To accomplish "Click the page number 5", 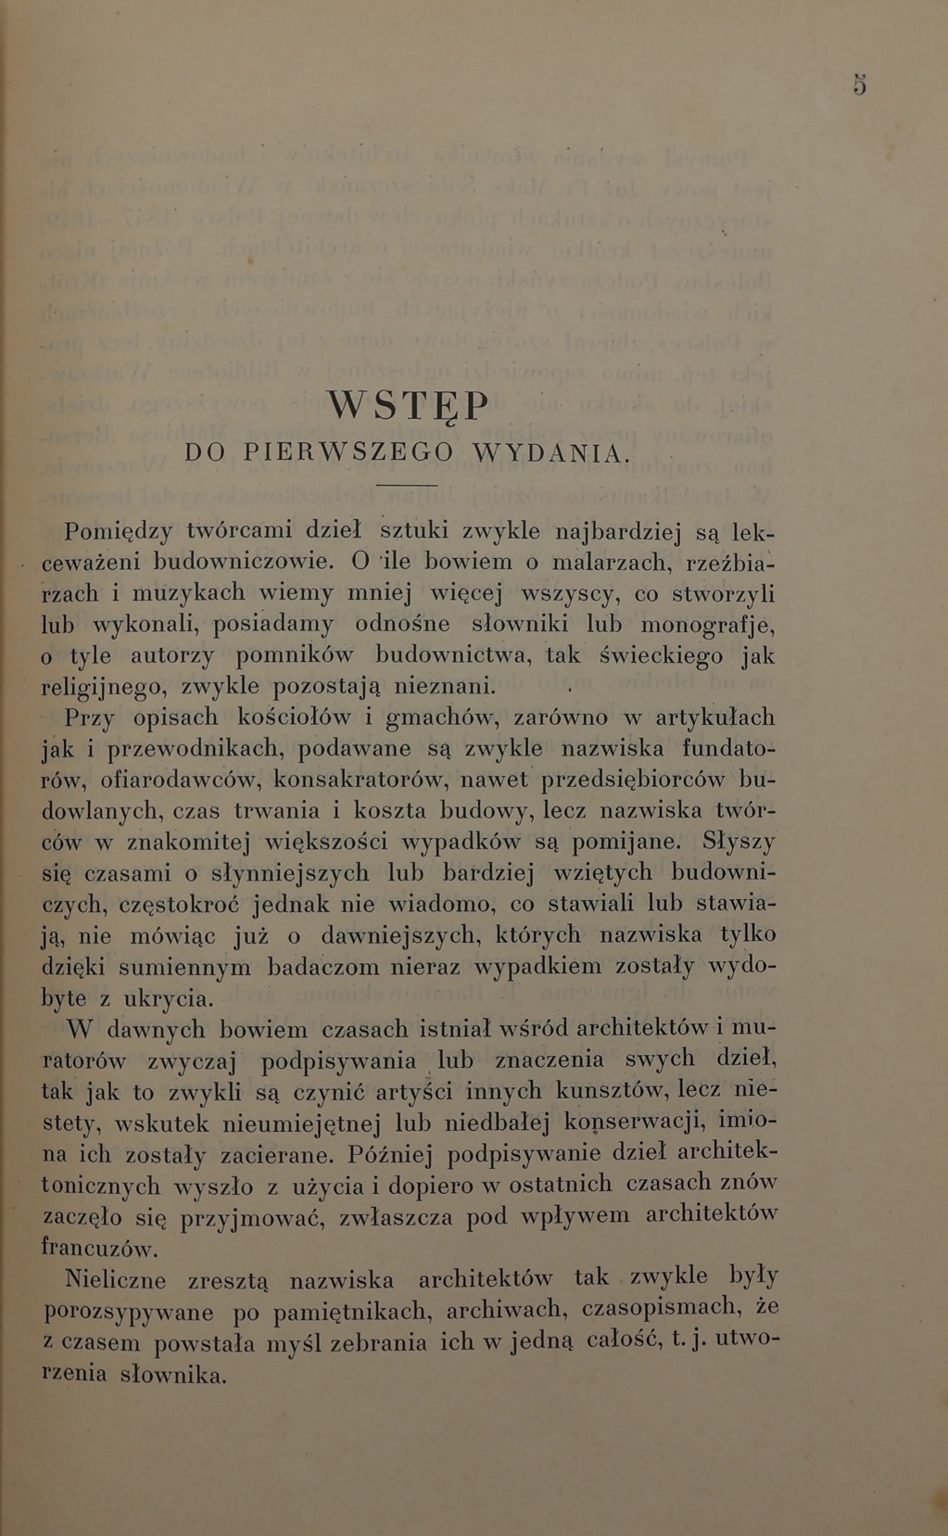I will pyautogui.click(x=860, y=85).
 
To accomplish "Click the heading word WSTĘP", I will pyautogui.click(x=407, y=405).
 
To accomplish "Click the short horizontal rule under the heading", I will pyautogui.click(x=407, y=485).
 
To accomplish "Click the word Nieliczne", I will pyautogui.click(x=117, y=1280).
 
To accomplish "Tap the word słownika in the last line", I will pyautogui.click(x=174, y=1375).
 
